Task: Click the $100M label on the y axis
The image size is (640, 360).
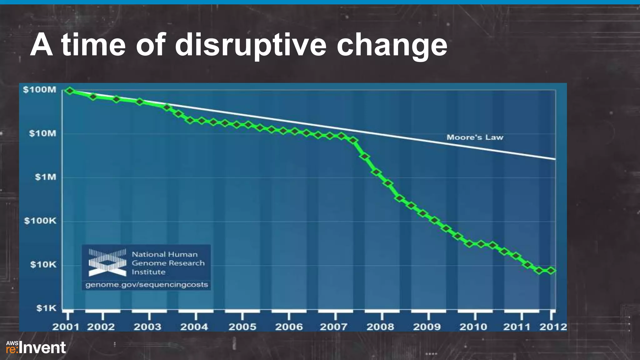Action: tap(40, 90)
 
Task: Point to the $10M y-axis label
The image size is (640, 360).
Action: tap(42, 134)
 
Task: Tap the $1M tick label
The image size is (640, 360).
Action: tap(46, 177)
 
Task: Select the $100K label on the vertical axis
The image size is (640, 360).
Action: tap(40, 221)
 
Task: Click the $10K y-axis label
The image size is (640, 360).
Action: tap(43, 265)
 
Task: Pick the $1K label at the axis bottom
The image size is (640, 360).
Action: tap(46, 308)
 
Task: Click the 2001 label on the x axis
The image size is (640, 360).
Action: tap(66, 327)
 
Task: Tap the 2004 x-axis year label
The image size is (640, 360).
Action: tap(194, 327)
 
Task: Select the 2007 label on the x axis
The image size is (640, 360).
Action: tap(333, 327)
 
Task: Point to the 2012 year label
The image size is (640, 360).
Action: tap(553, 327)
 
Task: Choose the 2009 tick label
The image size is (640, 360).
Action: tap(427, 327)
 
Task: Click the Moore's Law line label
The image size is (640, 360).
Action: tap(475, 137)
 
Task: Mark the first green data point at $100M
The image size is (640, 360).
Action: tap(70, 91)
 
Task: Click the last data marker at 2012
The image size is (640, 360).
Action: tap(551, 270)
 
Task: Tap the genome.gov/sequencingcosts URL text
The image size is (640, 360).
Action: tap(147, 285)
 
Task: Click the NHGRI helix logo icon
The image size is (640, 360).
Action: tap(107, 262)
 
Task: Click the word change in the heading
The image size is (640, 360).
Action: tap(392, 45)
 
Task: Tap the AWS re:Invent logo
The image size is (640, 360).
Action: tap(36, 347)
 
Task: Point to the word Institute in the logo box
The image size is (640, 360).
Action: tap(148, 272)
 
